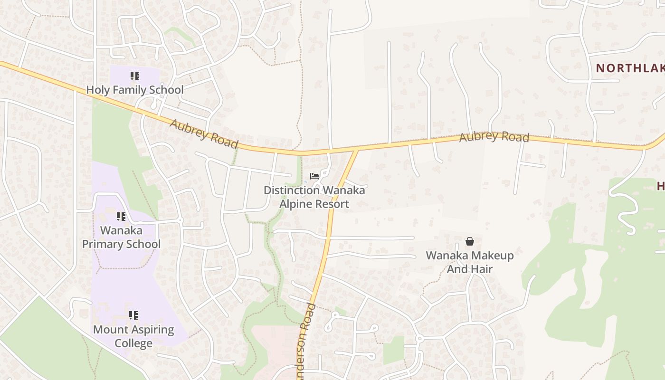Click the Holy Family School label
pyautogui.click(x=134, y=90)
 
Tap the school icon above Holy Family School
pyautogui.click(x=135, y=76)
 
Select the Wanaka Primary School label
pyautogui.click(x=121, y=237)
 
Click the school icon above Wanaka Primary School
pyautogui.click(x=121, y=217)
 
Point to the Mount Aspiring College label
pyautogui.click(x=133, y=336)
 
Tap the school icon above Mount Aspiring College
pyautogui.click(x=133, y=315)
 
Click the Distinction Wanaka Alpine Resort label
pyautogui.click(x=314, y=197)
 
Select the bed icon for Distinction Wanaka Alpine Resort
pyautogui.click(x=314, y=176)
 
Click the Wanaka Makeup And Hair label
pyautogui.click(x=469, y=262)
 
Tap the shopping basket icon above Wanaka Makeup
pyautogui.click(x=469, y=241)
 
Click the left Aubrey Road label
pyautogui.click(x=203, y=133)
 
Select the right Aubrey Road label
pyautogui.click(x=494, y=137)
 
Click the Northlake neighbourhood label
pyautogui.click(x=630, y=68)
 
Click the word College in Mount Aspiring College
pyautogui.click(x=133, y=343)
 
